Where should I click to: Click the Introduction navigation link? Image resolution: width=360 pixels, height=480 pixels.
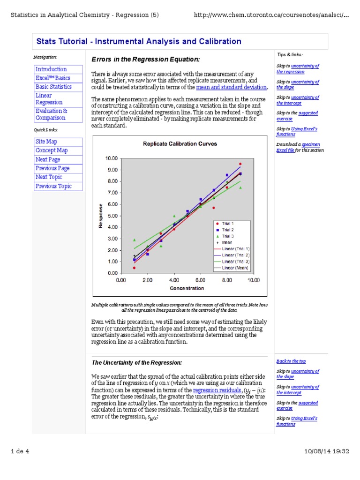coord(51,69)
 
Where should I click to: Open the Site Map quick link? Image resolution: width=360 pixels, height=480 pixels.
coord(46,142)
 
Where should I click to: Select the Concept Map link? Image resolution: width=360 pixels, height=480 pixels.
coord(52,150)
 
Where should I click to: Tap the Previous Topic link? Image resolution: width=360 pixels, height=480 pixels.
coord(53,186)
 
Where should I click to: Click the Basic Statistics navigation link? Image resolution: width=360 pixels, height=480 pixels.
coord(53,87)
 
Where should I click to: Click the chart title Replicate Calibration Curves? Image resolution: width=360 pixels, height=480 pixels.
coord(180,144)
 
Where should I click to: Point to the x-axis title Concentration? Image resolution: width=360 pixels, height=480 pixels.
coord(187,288)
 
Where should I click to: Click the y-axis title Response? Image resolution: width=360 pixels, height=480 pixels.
coord(100,216)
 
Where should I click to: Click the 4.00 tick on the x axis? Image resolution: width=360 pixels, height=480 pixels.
coord(174,280)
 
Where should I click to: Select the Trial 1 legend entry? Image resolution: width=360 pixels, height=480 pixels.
coord(228,224)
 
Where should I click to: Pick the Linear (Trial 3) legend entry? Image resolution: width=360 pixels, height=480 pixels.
coord(235,261)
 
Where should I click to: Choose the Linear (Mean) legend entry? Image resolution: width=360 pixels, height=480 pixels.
coord(235,268)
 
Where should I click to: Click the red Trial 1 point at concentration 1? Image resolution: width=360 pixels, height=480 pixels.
coord(134,268)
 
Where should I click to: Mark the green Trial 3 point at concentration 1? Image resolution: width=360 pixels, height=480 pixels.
coord(134,240)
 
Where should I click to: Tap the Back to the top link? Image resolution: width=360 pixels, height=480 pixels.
coord(291,361)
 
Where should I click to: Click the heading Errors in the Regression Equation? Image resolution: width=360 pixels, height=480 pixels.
coord(145,59)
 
